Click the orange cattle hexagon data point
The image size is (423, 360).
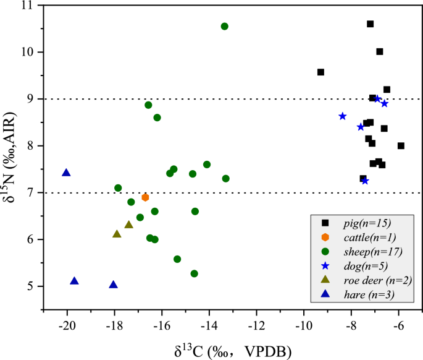pyautogui.click(x=145, y=197)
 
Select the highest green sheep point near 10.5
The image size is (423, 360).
pyautogui.click(x=224, y=26)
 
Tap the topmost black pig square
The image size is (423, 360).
pyautogui.click(x=370, y=24)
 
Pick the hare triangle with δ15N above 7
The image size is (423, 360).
pyautogui.click(x=66, y=173)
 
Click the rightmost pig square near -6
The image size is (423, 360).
pyautogui.click(x=401, y=146)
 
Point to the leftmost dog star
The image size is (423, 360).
pyautogui.click(x=342, y=116)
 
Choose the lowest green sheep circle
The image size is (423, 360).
pyautogui.click(x=195, y=273)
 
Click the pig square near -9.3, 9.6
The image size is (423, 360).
pyautogui.click(x=320, y=72)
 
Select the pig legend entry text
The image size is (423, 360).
pyautogui.click(x=367, y=223)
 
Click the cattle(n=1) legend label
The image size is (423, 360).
pyautogui.click(x=370, y=238)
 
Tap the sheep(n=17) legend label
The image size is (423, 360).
pyautogui.click(x=373, y=252)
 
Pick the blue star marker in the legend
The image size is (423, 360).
pyautogui.click(x=325, y=266)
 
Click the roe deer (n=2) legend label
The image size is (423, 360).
pyautogui.click(x=378, y=280)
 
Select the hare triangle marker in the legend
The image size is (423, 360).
pyautogui.click(x=325, y=294)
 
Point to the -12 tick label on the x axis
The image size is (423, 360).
pyautogui.click(x=256, y=326)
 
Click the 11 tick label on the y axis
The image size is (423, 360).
pyautogui.click(x=27, y=6)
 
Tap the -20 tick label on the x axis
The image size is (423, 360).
pyautogui.click(x=67, y=326)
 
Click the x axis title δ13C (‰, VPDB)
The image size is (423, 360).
pyautogui.click(x=233, y=351)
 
